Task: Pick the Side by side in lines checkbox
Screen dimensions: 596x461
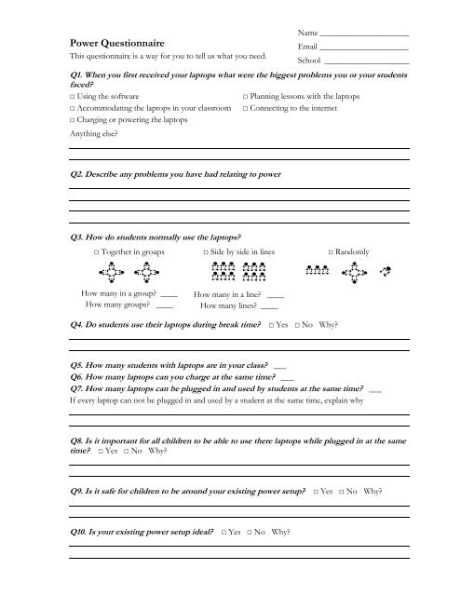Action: click(207, 252)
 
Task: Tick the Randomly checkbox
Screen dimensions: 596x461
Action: click(332, 252)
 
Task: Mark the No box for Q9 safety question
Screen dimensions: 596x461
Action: click(351, 490)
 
